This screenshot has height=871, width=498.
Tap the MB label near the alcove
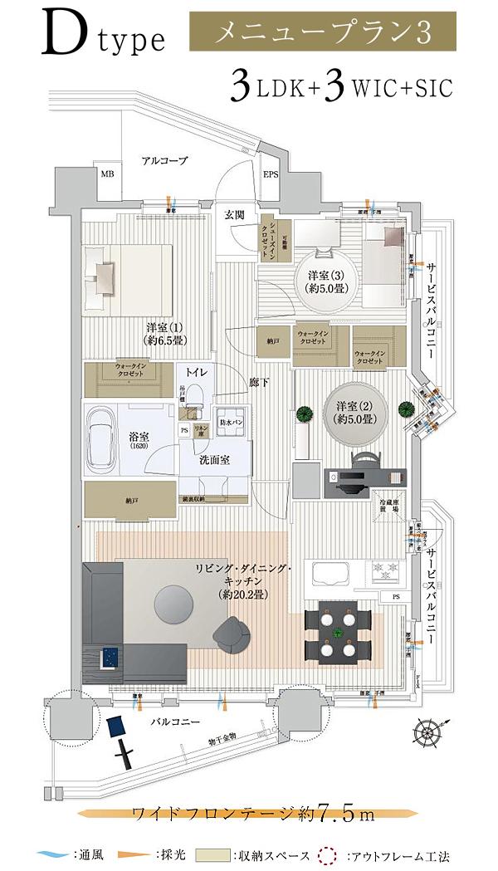pos(108,174)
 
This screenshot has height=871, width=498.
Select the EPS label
pos(271,175)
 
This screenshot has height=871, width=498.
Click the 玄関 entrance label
pos(234,214)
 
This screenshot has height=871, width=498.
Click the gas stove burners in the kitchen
pos(387,570)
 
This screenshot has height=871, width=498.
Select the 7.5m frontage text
pos(339,813)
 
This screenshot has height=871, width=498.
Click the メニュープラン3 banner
pos(323,33)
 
